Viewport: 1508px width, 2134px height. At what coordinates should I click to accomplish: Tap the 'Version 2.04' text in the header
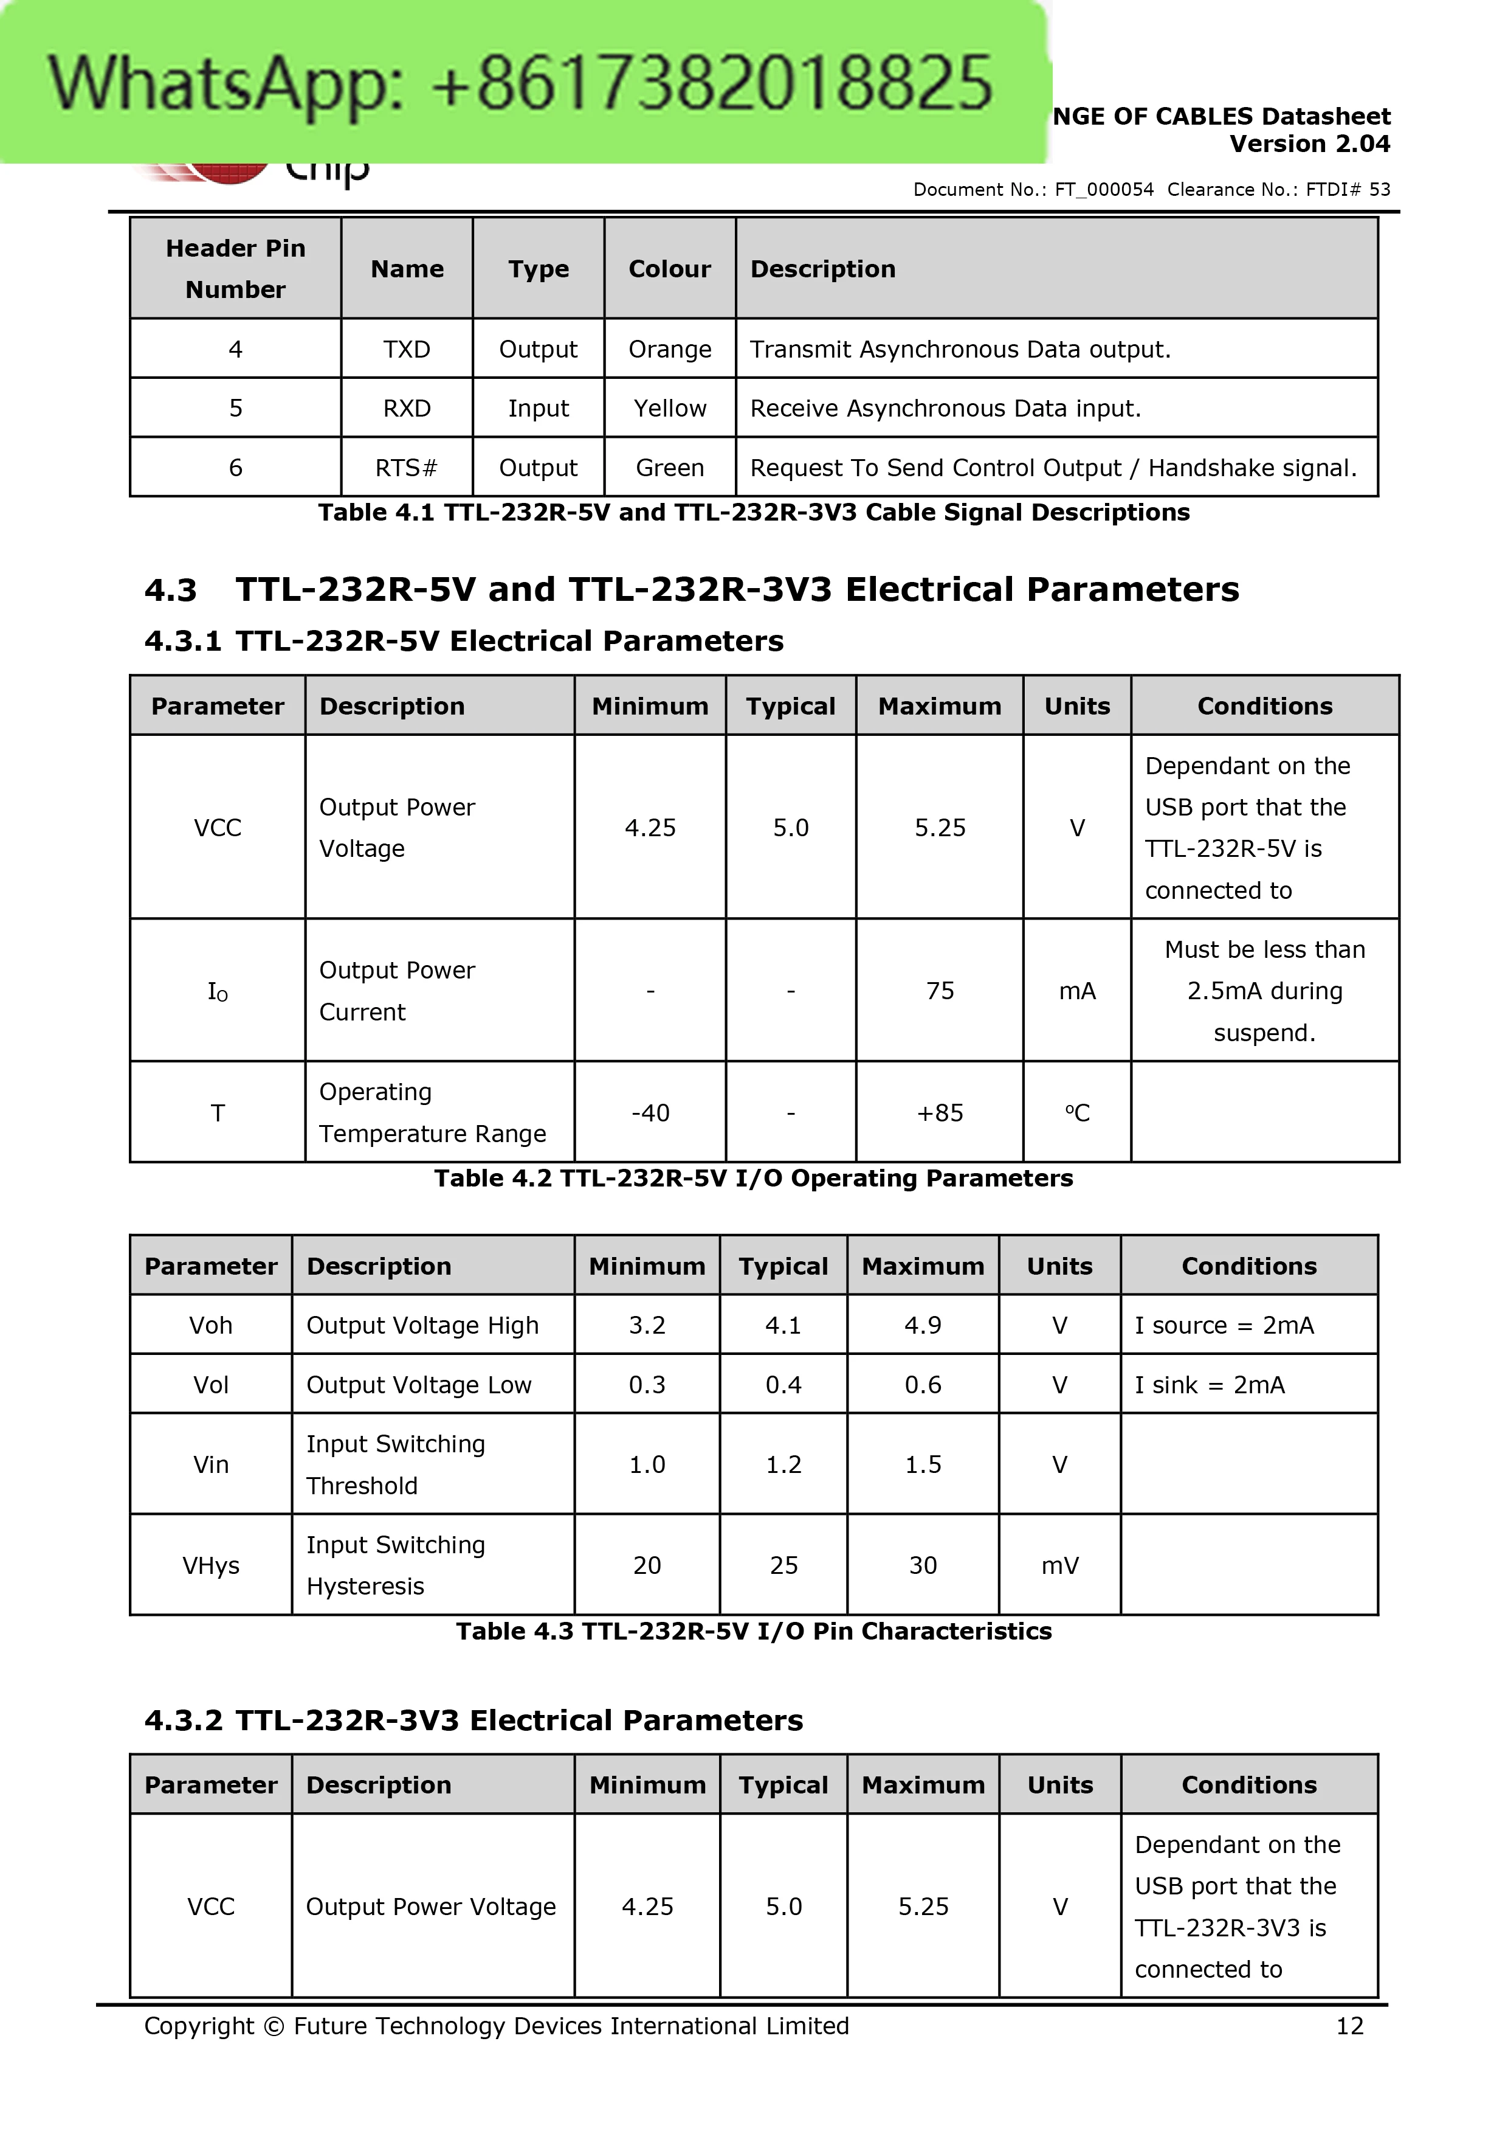1309,144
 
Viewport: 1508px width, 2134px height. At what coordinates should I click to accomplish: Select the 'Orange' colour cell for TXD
669,350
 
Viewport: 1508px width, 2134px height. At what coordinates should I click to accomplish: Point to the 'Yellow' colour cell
669,408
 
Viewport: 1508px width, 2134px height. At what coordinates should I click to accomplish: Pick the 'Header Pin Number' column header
235,269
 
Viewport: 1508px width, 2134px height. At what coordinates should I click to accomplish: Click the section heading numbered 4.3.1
464,642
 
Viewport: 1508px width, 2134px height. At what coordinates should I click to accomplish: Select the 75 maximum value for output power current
939,991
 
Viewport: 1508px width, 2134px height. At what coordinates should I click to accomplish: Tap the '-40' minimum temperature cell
650,1112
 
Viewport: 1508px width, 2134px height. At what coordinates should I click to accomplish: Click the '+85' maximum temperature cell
939,1112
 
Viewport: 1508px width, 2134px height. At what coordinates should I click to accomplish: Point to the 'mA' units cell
1077,991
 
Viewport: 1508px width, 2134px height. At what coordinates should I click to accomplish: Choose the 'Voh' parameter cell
211,1325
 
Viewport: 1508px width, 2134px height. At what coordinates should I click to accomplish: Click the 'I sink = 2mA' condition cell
1209,1385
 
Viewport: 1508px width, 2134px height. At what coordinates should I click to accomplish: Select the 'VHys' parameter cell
211,1565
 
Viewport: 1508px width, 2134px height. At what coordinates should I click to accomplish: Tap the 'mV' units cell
1059,1565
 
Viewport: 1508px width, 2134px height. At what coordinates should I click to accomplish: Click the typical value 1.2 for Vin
783,1465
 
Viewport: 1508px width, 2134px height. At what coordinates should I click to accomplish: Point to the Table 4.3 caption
754,1631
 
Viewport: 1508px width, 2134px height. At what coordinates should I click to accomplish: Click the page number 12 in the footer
1349,2026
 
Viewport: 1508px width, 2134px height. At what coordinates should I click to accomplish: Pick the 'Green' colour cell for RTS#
669,468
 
